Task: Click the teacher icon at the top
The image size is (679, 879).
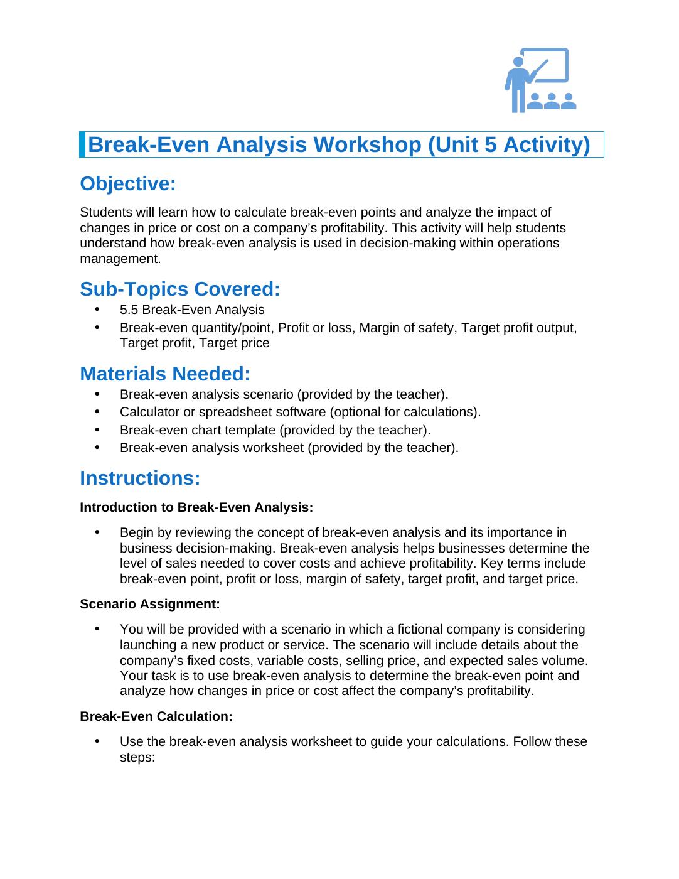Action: pos(540,80)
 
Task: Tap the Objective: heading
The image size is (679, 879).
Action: pos(128,184)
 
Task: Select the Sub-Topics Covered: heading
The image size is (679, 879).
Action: pos(179,289)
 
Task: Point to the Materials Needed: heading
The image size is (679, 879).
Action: pos(165,374)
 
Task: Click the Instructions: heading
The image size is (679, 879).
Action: pos(140,478)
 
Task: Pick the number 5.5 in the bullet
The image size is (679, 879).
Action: pos(129,310)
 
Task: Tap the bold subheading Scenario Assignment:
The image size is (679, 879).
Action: pos(150,604)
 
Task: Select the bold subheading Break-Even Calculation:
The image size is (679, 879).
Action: pos(156,716)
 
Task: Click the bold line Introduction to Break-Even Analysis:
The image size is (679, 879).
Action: pos(196,507)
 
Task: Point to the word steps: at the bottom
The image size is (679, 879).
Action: pos(137,757)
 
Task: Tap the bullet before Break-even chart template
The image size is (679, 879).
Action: pos(97,430)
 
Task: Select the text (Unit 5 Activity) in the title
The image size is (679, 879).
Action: pos(509,144)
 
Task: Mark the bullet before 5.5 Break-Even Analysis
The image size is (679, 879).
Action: pos(97,310)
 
